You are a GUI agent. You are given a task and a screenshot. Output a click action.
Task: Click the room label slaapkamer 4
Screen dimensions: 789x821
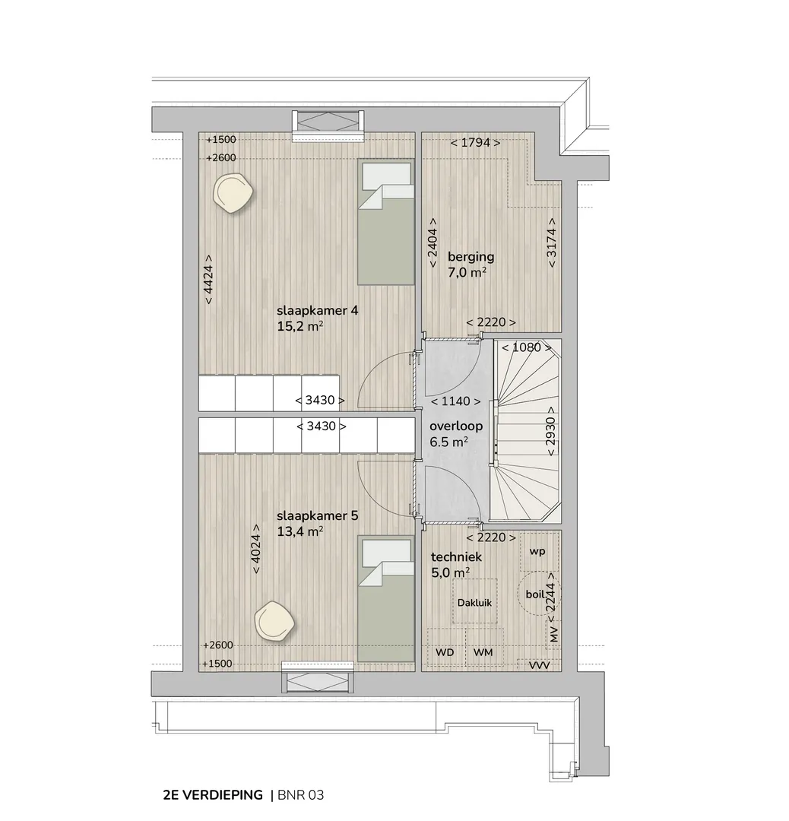point(317,310)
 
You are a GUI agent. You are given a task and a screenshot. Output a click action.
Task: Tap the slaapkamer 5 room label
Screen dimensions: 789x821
point(317,515)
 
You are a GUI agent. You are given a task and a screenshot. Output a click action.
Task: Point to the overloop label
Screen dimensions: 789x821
point(456,426)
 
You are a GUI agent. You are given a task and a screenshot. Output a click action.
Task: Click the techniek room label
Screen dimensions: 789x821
point(456,557)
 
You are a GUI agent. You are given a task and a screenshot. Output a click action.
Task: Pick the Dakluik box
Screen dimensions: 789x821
point(475,601)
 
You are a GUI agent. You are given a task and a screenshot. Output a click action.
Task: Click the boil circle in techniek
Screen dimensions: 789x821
point(539,594)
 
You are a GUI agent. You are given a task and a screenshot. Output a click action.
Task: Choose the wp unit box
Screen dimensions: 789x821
point(539,551)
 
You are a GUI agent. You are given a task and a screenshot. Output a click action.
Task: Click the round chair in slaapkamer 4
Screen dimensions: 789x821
point(233,193)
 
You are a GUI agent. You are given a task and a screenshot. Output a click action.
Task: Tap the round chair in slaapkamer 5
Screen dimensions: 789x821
point(274,621)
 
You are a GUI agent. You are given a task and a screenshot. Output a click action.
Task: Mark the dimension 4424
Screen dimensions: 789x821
point(208,280)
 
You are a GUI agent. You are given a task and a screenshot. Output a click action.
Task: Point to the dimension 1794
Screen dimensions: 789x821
point(475,142)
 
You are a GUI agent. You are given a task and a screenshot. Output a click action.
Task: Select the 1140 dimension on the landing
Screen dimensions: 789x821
point(455,401)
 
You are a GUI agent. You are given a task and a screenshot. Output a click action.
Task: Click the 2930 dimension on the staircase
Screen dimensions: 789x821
point(551,431)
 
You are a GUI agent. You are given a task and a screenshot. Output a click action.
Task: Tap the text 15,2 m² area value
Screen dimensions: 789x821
point(300,326)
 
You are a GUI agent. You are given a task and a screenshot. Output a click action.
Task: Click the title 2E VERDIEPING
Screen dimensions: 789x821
point(213,795)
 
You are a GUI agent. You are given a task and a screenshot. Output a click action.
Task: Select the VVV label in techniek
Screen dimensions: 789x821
point(539,665)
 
